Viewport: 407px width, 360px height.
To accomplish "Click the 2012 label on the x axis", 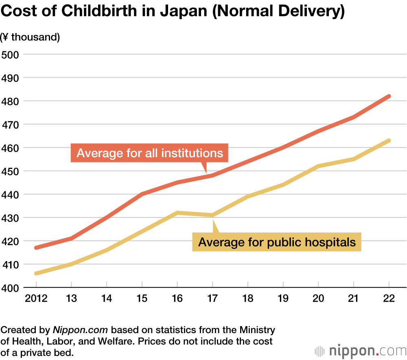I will pyautogui.click(x=36, y=299).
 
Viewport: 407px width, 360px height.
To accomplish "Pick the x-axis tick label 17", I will pyautogui.click(x=212, y=299).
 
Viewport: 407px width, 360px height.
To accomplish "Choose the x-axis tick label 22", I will pyautogui.click(x=389, y=299).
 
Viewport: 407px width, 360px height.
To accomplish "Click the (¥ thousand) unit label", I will pyautogui.click(x=31, y=37).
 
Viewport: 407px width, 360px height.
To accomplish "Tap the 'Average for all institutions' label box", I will pyautogui.click(x=149, y=153).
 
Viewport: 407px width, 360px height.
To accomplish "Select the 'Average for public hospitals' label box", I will pyautogui.click(x=277, y=243).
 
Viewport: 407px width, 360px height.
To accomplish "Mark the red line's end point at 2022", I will pyautogui.click(x=389, y=96).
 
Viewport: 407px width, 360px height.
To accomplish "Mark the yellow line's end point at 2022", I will pyautogui.click(x=389, y=140).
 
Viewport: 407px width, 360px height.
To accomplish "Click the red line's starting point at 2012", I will pyautogui.click(x=36, y=248).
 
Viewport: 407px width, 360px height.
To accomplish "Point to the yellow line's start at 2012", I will pyautogui.click(x=36, y=273).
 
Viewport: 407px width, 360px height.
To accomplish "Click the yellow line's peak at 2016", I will pyautogui.click(x=177, y=213).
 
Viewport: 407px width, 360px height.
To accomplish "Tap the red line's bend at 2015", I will pyautogui.click(x=142, y=194).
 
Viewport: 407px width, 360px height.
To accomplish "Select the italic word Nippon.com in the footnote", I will pyautogui.click(x=81, y=329).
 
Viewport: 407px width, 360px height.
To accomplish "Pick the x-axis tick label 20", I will pyautogui.click(x=318, y=299).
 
